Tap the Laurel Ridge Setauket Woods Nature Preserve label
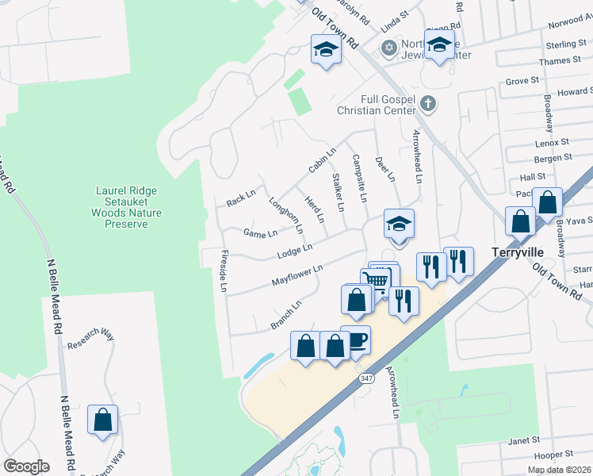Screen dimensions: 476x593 pos(126,208)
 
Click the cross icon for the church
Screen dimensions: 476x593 pos(427,102)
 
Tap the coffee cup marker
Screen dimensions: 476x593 pos(356,340)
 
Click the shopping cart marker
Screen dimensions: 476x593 pos(376,281)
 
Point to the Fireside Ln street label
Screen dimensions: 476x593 pos(223,270)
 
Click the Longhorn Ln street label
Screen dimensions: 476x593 pos(286,215)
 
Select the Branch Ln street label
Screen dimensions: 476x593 pos(286,314)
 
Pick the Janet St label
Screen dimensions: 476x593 pos(524,440)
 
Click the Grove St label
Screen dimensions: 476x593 pos(522,81)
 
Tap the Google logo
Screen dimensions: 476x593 pos(26,466)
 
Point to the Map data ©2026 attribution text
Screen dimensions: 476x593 pos(559,470)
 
